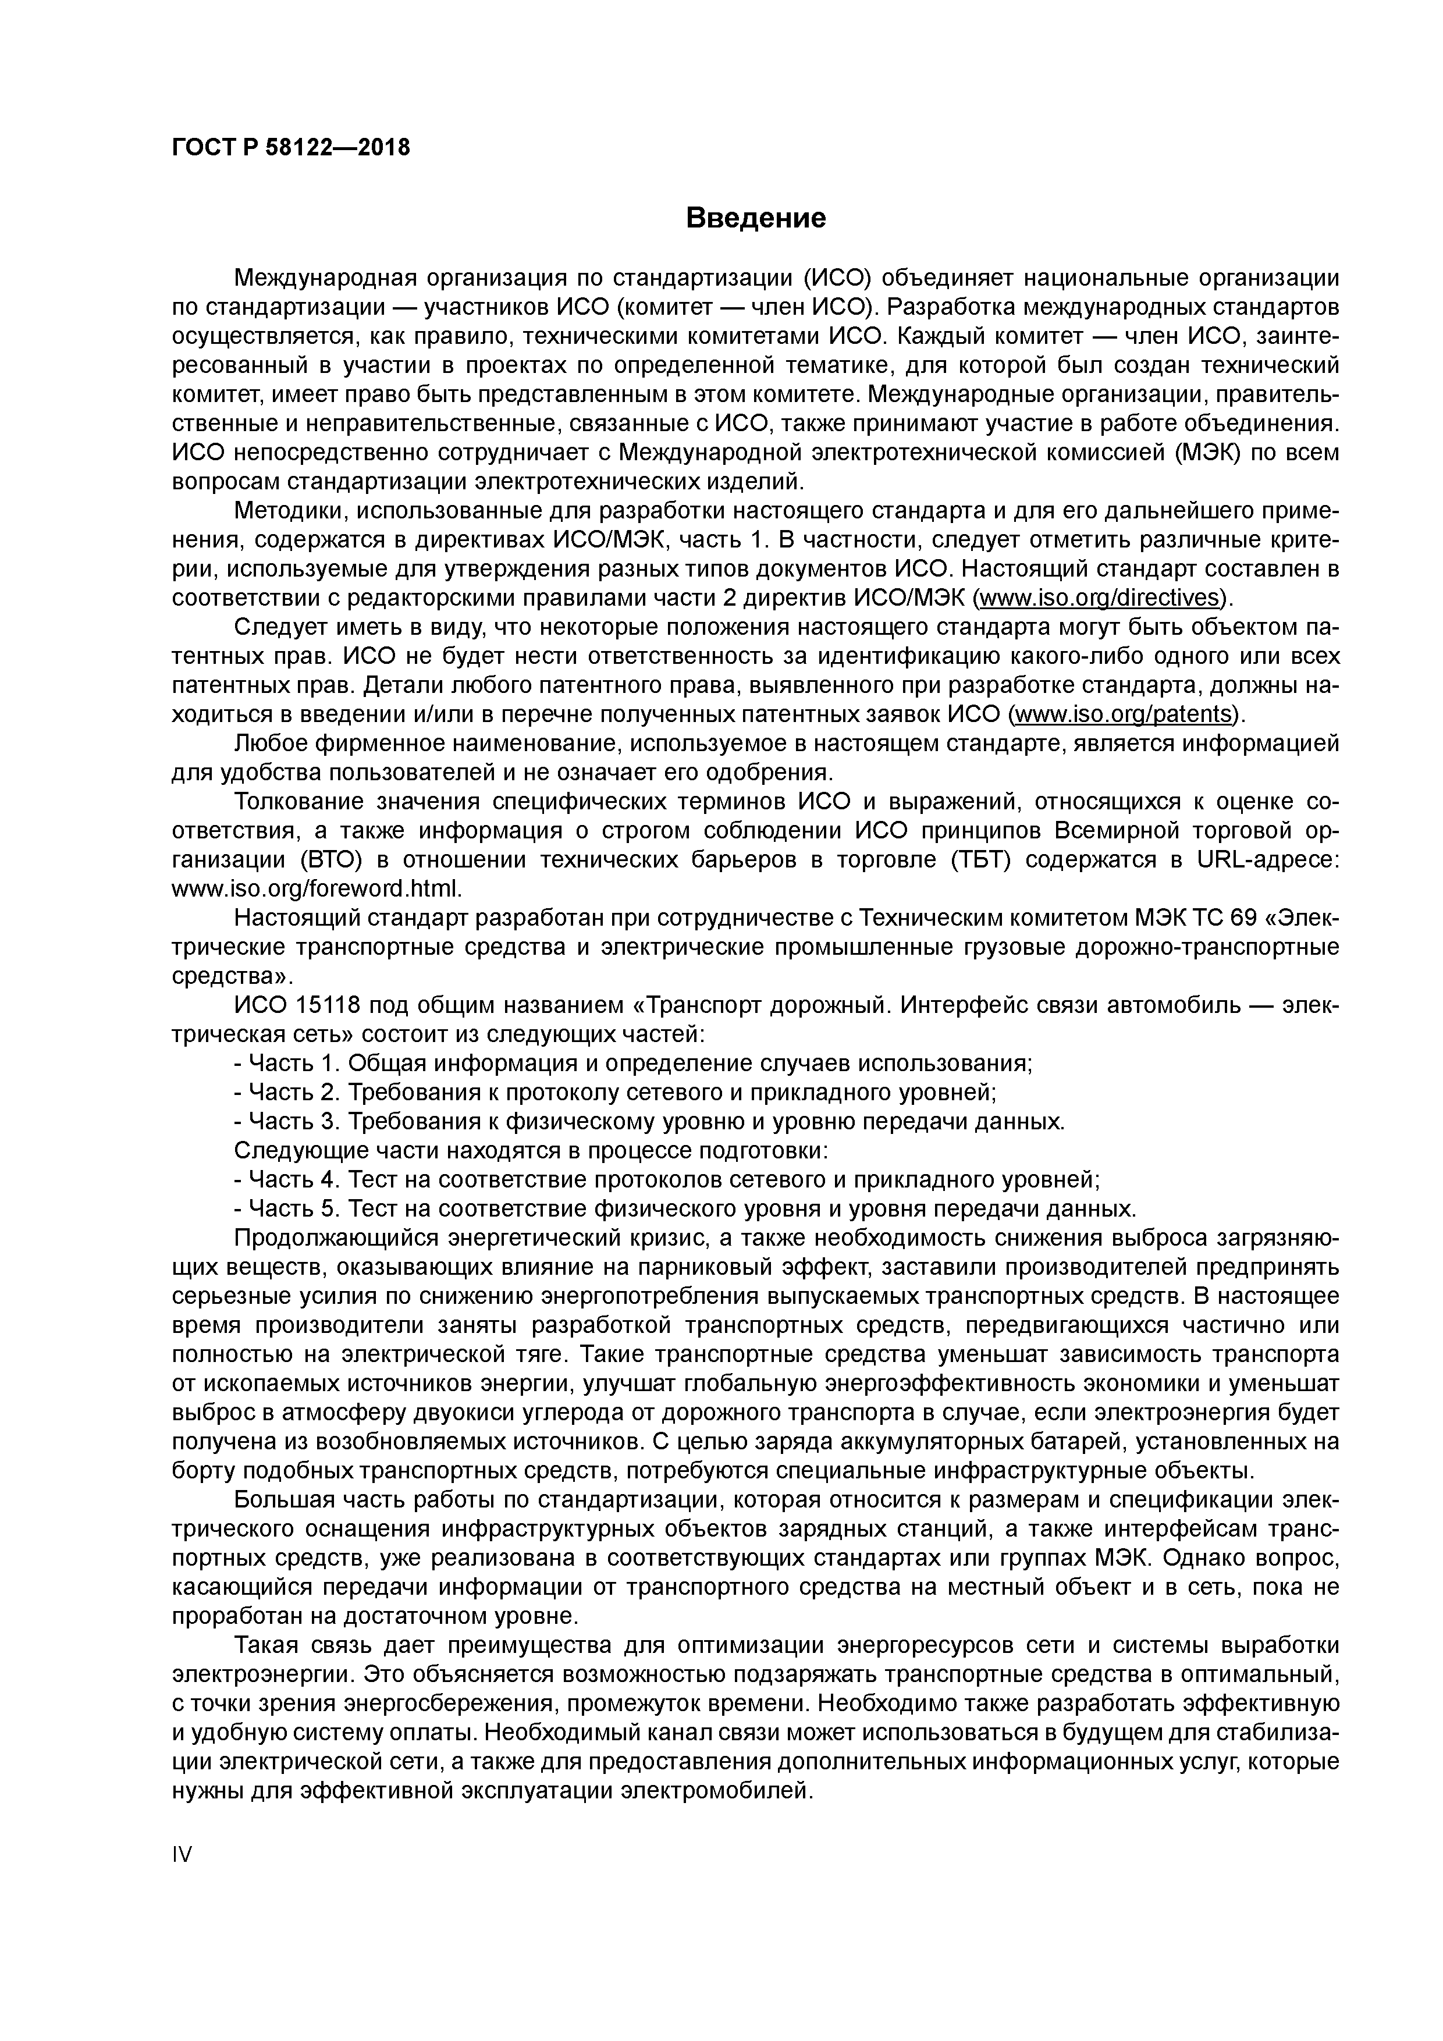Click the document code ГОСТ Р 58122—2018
pyautogui.click(x=291, y=148)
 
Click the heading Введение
pyautogui.click(x=756, y=218)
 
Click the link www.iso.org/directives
pyautogui.click(x=1099, y=596)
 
